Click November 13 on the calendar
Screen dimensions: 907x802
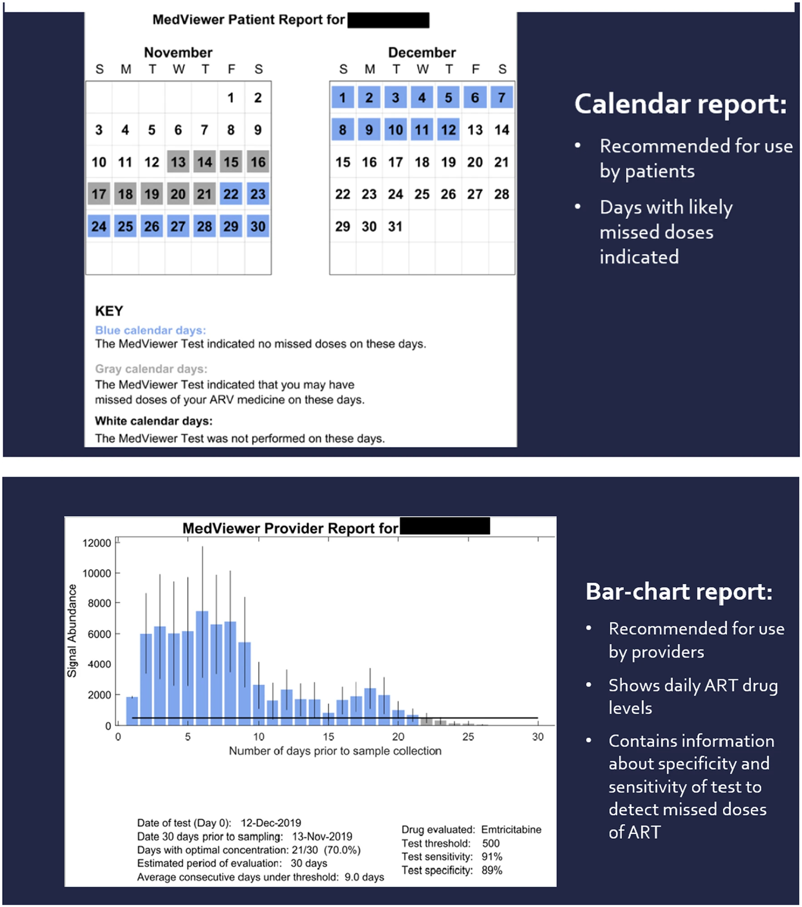click(x=178, y=162)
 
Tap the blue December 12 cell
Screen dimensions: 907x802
click(x=448, y=130)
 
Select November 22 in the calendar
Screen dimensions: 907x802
click(x=231, y=194)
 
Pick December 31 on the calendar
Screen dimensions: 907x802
click(x=395, y=227)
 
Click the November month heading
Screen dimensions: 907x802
click(x=178, y=52)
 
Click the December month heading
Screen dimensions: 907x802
click(x=422, y=52)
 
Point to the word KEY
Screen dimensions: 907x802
click(x=109, y=311)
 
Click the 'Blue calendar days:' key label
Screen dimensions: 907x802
click(x=150, y=330)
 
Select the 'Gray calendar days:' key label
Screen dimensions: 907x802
click(x=151, y=369)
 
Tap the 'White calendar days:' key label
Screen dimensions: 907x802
click(x=153, y=421)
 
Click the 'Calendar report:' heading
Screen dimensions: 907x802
click(x=680, y=104)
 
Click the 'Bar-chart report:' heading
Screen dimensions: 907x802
click(x=679, y=592)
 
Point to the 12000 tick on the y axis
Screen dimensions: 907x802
click(x=97, y=543)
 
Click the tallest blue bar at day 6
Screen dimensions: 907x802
click(x=202, y=667)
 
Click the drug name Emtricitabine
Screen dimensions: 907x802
click(x=511, y=830)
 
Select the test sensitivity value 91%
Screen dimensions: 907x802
click(x=492, y=857)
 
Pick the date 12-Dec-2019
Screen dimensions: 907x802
click(x=270, y=823)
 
